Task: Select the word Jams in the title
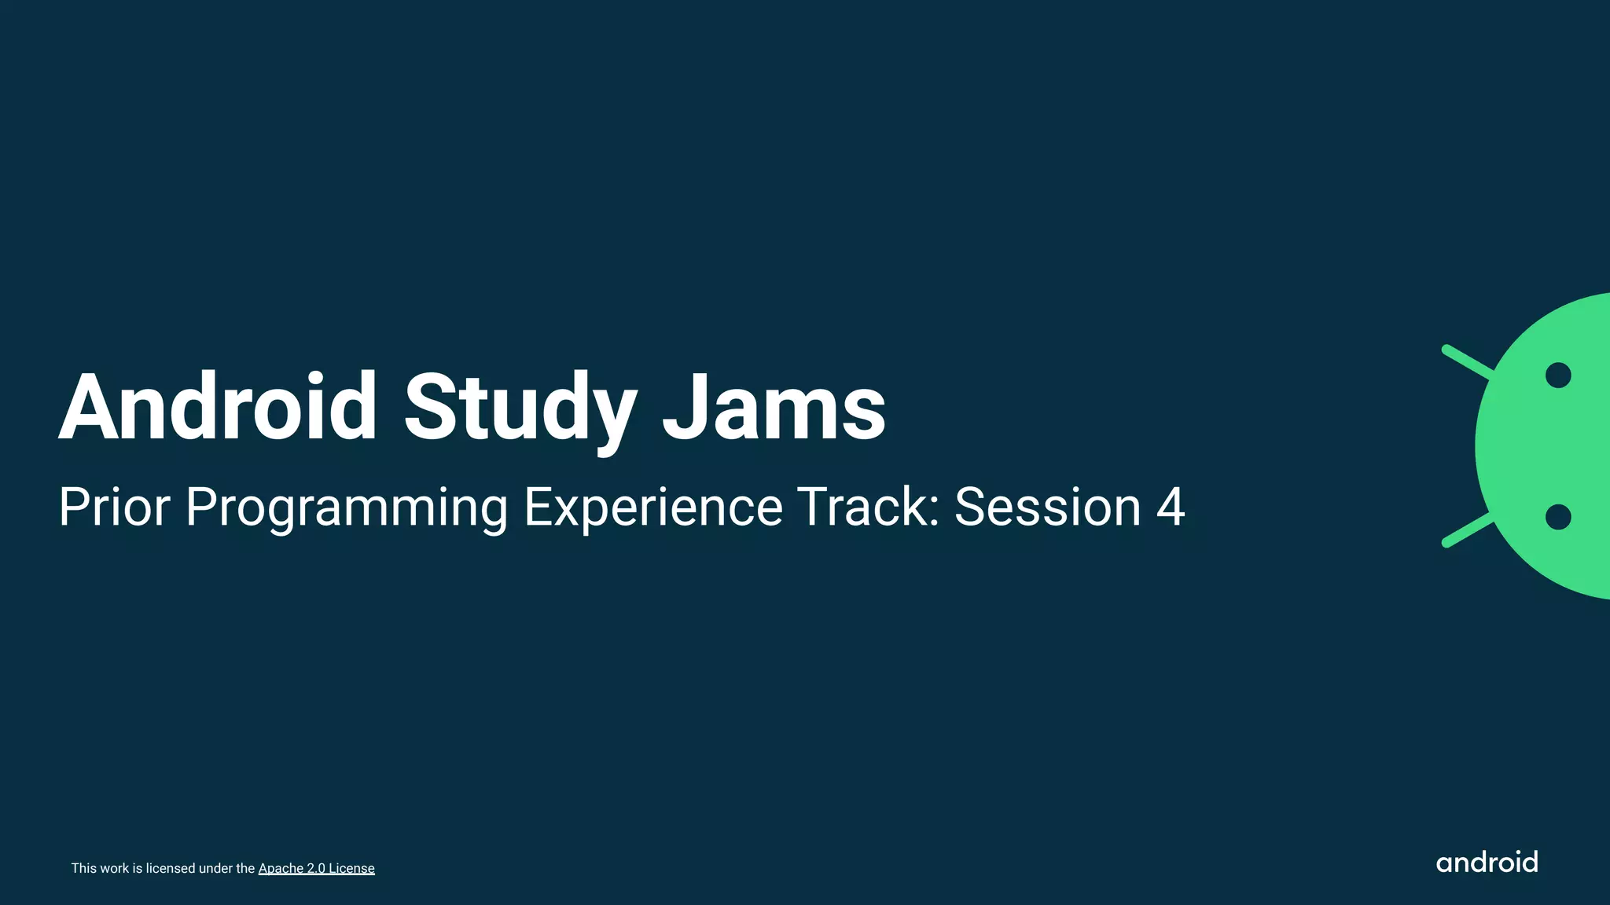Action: pos(774,409)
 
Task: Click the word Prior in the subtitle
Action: pos(114,507)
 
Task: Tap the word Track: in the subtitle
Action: pos(868,507)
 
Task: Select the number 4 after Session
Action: pos(1170,507)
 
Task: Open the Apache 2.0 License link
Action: pos(316,868)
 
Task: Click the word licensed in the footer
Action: pos(171,868)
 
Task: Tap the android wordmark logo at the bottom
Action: pos(1486,863)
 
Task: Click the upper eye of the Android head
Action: pos(1557,376)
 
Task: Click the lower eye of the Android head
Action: pos(1557,517)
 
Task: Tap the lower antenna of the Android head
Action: pos(1467,531)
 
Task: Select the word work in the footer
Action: pos(115,868)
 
